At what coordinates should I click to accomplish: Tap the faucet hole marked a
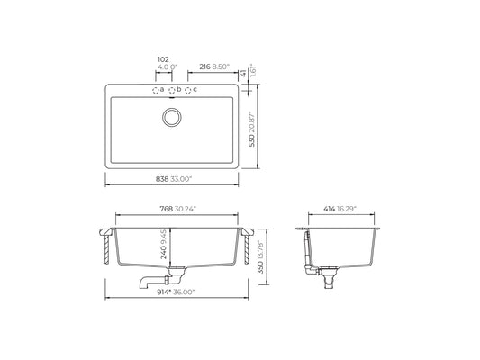coord(156,90)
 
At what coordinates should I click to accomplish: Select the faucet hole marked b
coord(172,90)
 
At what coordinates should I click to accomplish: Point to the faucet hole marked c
coord(188,90)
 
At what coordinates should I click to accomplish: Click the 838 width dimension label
coord(162,179)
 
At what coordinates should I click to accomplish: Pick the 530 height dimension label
coord(251,140)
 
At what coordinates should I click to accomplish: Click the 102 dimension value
coord(163,59)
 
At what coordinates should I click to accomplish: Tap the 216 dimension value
coord(204,67)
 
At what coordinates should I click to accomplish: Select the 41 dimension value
coord(243,74)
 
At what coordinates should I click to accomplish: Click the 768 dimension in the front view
coord(167,209)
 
